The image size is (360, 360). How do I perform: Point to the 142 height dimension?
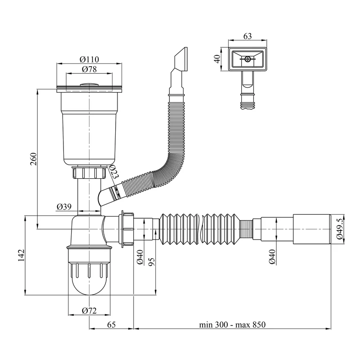pyautogui.click(x=20, y=256)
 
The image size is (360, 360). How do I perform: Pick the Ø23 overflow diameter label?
pyautogui.click(x=113, y=172)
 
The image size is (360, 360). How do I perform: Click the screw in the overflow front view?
pyautogui.click(x=248, y=59)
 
